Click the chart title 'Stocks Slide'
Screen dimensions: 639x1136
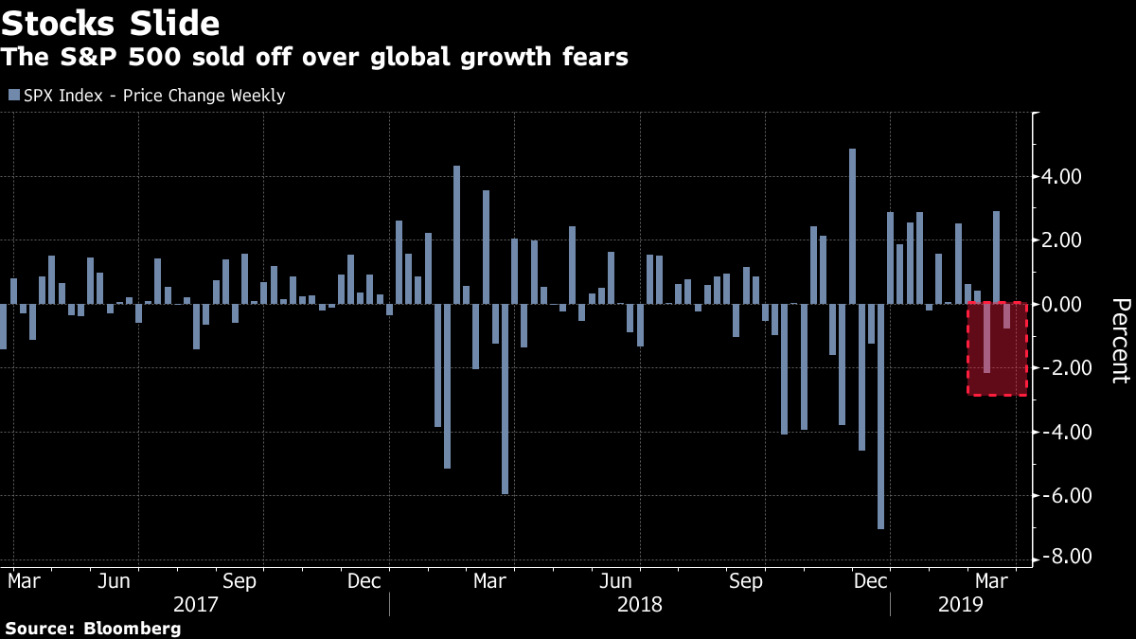click(112, 22)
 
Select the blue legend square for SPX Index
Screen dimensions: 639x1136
click(12, 96)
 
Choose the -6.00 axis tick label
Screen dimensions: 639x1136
click(1061, 495)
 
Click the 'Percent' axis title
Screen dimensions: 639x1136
click(1119, 340)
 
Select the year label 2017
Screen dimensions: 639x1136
click(197, 604)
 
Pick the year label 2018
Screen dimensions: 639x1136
click(639, 604)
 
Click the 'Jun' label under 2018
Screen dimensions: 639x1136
click(615, 580)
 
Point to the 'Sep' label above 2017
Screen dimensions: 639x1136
click(240, 580)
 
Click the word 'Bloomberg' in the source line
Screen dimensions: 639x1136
click(133, 629)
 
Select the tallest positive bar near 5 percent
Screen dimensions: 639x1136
click(852, 226)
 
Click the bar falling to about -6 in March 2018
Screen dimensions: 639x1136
click(506, 399)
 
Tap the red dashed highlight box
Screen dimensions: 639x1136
click(997, 348)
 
